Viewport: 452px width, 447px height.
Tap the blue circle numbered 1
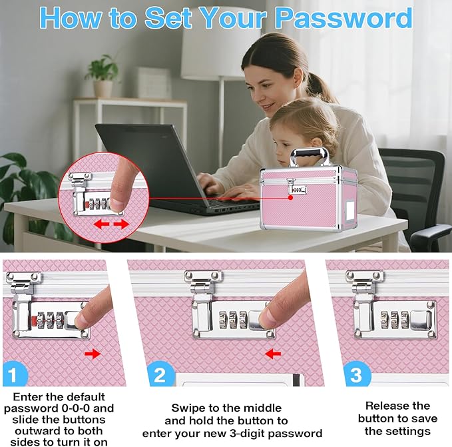(x=15, y=374)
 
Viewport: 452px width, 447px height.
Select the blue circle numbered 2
(x=160, y=374)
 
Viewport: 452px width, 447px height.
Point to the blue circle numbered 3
(x=356, y=374)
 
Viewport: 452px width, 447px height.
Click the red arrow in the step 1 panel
(x=93, y=354)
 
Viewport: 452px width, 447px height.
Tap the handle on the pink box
(x=310, y=157)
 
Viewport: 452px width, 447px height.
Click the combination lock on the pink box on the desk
(x=298, y=190)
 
